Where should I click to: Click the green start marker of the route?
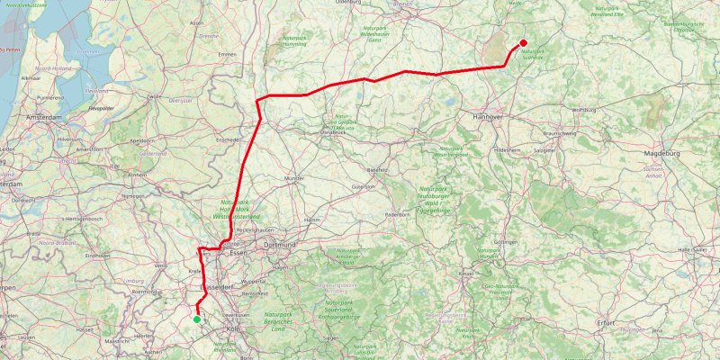(197, 319)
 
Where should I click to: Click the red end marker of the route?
(524, 43)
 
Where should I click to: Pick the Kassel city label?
(466, 273)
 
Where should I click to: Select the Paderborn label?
(397, 216)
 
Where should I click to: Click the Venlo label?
(161, 266)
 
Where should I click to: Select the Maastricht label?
(115, 342)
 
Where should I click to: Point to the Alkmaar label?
(31, 79)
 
